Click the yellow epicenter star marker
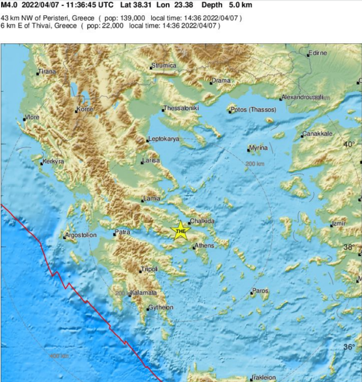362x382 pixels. (x=181, y=230)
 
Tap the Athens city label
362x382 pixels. (x=204, y=245)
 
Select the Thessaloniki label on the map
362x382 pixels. (x=181, y=108)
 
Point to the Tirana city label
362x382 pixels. (x=47, y=72)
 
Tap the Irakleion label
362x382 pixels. (x=264, y=377)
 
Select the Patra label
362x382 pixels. (x=123, y=232)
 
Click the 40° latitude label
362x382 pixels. (x=349, y=144)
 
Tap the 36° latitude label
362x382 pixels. (x=349, y=347)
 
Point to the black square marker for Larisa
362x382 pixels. (x=142, y=163)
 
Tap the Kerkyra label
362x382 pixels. (x=53, y=161)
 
